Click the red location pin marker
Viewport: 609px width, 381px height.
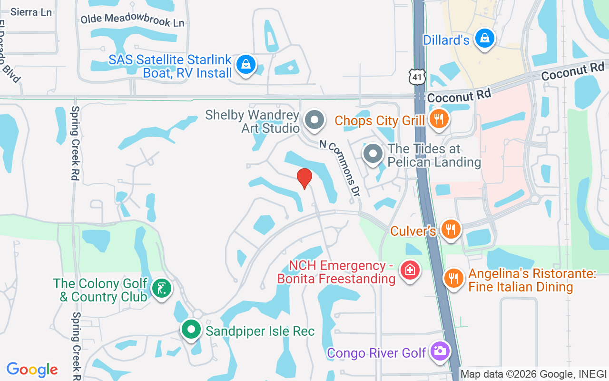pos(304,178)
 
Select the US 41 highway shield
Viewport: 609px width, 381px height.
pos(417,77)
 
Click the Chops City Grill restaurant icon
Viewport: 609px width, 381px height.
pos(438,119)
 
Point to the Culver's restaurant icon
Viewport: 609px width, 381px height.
pos(450,230)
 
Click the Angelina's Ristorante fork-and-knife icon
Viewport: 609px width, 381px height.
pos(454,278)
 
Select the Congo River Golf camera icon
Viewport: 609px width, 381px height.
pos(439,351)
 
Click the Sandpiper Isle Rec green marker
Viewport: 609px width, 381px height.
pos(191,330)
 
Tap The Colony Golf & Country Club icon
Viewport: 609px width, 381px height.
pos(161,289)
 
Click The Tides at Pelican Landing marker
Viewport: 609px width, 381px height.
pos(373,154)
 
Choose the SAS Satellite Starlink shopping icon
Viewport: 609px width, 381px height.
pos(246,65)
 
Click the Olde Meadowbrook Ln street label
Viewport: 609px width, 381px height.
pos(132,20)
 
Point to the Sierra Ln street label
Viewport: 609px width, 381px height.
pos(31,12)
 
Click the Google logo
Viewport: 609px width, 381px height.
pos(32,370)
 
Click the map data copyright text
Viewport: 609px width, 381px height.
pos(533,374)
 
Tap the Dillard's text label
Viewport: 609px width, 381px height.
pos(446,40)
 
